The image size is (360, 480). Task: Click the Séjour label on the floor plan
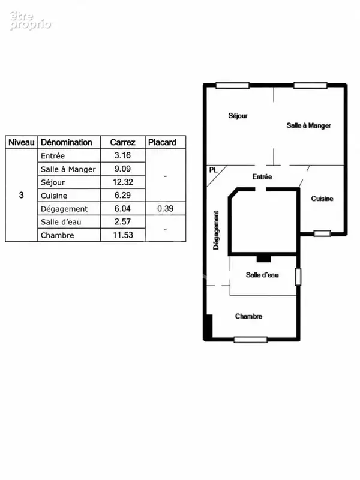pos(238,116)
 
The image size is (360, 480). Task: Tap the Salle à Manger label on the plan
pos(308,125)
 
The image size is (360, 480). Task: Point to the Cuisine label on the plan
pos(322,199)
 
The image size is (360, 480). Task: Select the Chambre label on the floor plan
pos(248,316)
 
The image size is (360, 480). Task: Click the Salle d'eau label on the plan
pos(262,275)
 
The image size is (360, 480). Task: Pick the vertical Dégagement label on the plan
pos(216,230)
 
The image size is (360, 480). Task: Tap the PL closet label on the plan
pos(213,170)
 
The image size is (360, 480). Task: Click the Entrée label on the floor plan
pos(262,176)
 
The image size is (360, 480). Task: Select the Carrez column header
pos(123,142)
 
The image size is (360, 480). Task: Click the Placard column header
pos(162,142)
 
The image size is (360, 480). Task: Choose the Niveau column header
pos(22,142)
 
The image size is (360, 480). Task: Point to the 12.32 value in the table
pos(123,182)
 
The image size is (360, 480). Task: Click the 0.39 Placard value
pos(166,208)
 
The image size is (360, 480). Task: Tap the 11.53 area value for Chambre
pos(123,235)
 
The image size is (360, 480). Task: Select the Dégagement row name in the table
pos(64,209)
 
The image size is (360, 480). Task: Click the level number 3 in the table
pos(21,196)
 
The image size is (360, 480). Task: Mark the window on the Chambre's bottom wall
pos(250,340)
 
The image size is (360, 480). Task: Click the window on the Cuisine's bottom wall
pos(322,233)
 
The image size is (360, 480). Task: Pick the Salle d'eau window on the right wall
pos(298,277)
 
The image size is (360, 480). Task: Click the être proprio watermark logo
pos(30,21)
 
